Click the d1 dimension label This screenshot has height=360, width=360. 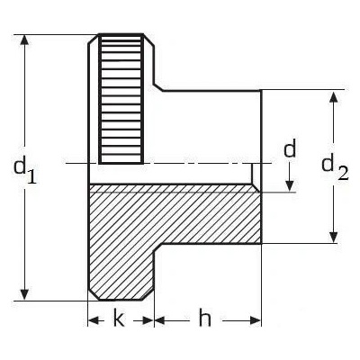coord(25,171)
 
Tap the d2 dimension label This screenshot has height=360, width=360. coord(335,168)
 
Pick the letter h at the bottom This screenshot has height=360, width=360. coord(205,318)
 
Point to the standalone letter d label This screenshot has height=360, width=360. coord(290,148)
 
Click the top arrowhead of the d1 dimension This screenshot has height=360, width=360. coord(25,40)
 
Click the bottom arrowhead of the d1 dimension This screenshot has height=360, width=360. coord(25,295)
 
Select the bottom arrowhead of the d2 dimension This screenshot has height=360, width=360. coord(333,237)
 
